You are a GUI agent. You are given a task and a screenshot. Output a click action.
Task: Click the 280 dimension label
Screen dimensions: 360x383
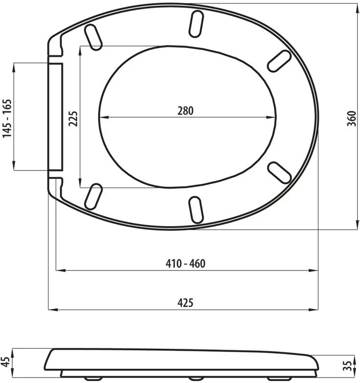point(185,110)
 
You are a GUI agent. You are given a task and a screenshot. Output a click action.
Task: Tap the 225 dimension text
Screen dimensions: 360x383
point(73,119)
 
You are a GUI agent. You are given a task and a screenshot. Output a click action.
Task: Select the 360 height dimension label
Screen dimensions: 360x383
point(352,118)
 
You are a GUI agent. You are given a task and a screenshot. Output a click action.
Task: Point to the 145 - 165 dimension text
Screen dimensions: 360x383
point(7,118)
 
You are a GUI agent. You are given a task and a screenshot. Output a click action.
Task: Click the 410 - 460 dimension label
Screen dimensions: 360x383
point(185,264)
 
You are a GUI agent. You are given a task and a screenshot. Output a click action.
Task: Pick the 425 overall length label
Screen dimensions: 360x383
point(185,303)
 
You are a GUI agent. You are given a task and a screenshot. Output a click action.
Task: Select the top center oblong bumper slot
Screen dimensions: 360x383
point(197,23)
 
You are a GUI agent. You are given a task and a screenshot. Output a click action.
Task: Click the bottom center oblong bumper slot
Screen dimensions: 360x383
point(197,210)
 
